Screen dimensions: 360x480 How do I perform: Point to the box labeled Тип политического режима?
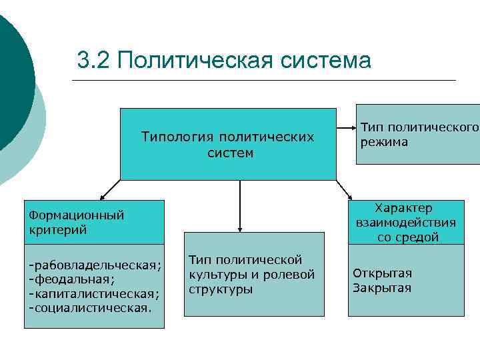click(x=419, y=134)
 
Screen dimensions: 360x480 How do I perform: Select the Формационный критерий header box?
click(x=94, y=222)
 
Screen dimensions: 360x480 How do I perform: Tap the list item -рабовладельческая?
click(x=95, y=265)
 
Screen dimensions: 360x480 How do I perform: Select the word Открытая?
click(x=382, y=273)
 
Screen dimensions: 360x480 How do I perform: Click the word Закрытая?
click(x=382, y=288)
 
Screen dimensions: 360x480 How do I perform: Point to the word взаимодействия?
click(x=406, y=223)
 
